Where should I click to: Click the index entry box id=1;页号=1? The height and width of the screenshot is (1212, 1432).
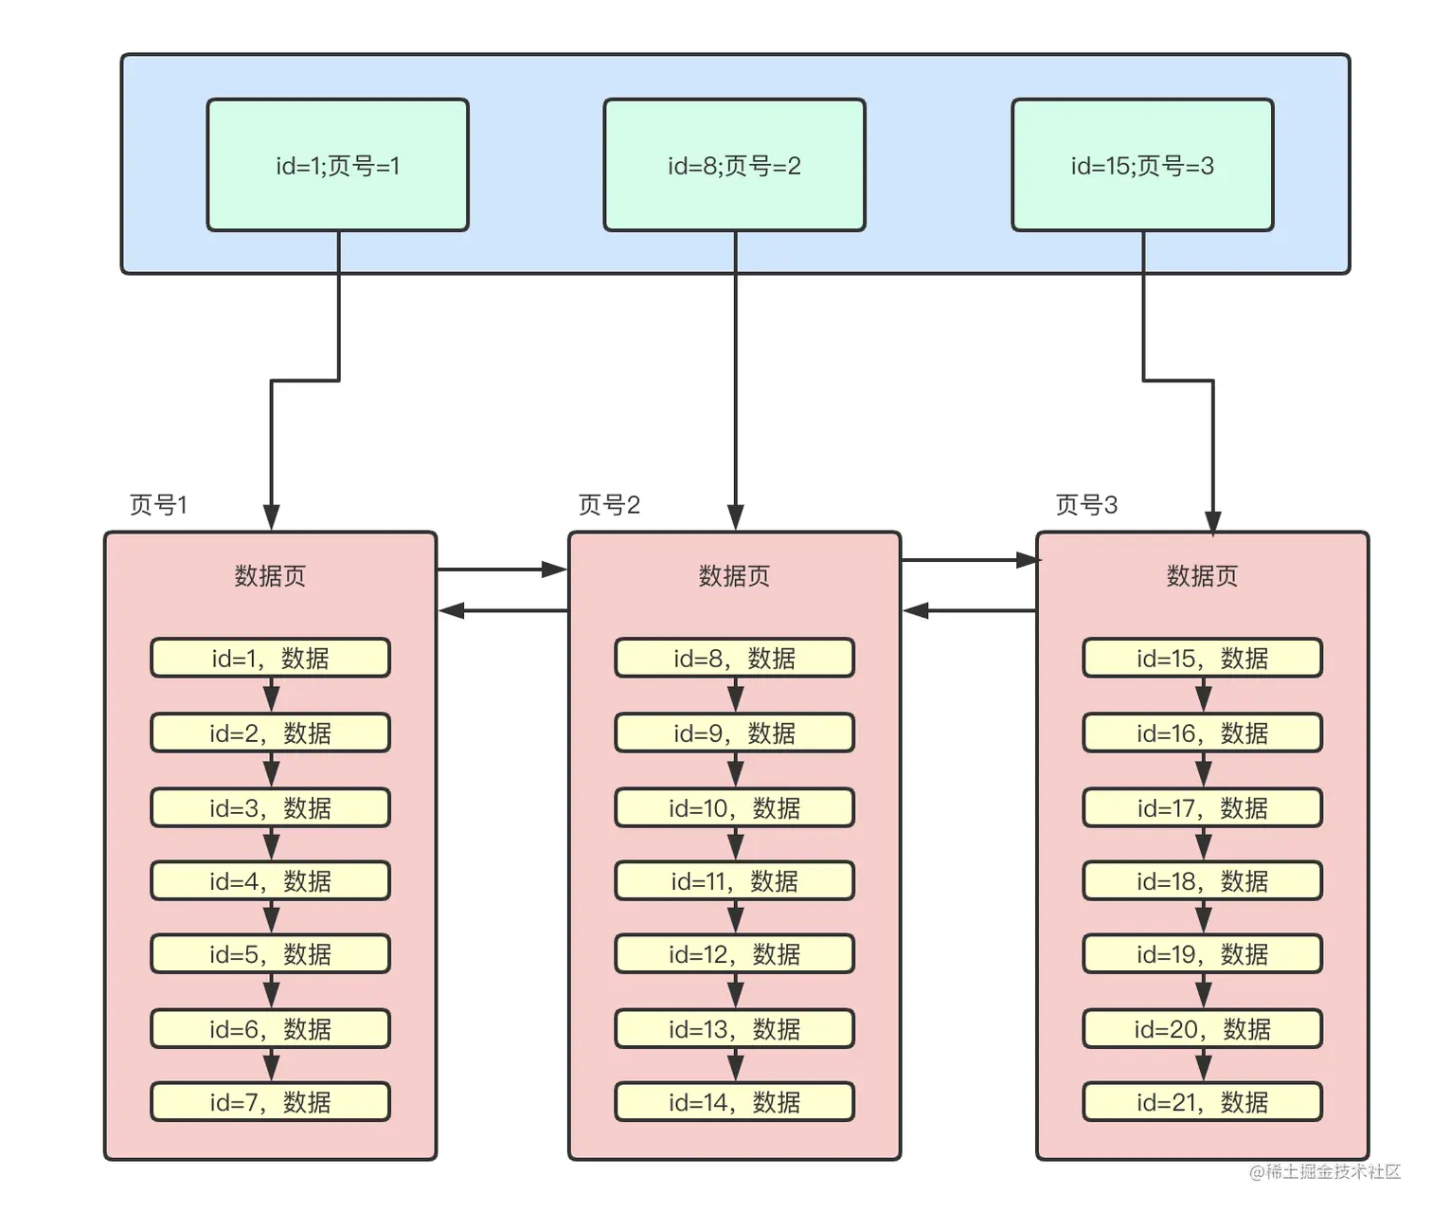[x=338, y=165]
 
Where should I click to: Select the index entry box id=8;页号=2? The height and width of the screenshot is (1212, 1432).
[x=734, y=165]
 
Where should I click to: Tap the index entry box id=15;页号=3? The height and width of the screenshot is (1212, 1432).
[x=1142, y=165]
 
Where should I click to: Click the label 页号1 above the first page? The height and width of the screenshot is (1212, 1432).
[x=158, y=505]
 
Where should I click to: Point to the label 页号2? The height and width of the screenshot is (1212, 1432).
[x=609, y=505]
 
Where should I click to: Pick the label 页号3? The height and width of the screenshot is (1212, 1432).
[x=1086, y=505]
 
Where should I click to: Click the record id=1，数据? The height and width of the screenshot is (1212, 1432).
[x=270, y=658]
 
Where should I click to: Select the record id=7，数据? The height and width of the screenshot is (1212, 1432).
[x=270, y=1102]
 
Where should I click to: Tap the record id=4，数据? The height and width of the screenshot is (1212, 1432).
[x=270, y=881]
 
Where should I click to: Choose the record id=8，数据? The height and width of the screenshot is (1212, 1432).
[x=734, y=658]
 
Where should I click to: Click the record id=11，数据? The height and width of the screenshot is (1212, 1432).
[x=734, y=881]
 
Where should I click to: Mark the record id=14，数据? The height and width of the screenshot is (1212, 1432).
[x=734, y=1102]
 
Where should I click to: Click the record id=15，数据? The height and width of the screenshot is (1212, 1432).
[x=1202, y=658]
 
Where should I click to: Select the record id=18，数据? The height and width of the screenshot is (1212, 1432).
[x=1202, y=881]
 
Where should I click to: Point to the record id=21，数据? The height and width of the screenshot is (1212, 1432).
[x=1202, y=1102]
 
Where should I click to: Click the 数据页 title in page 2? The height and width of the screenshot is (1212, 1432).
[x=734, y=576]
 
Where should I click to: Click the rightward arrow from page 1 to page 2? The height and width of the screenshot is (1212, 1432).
[x=502, y=570]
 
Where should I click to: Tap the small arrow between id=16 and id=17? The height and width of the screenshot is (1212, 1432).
[x=1203, y=770]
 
